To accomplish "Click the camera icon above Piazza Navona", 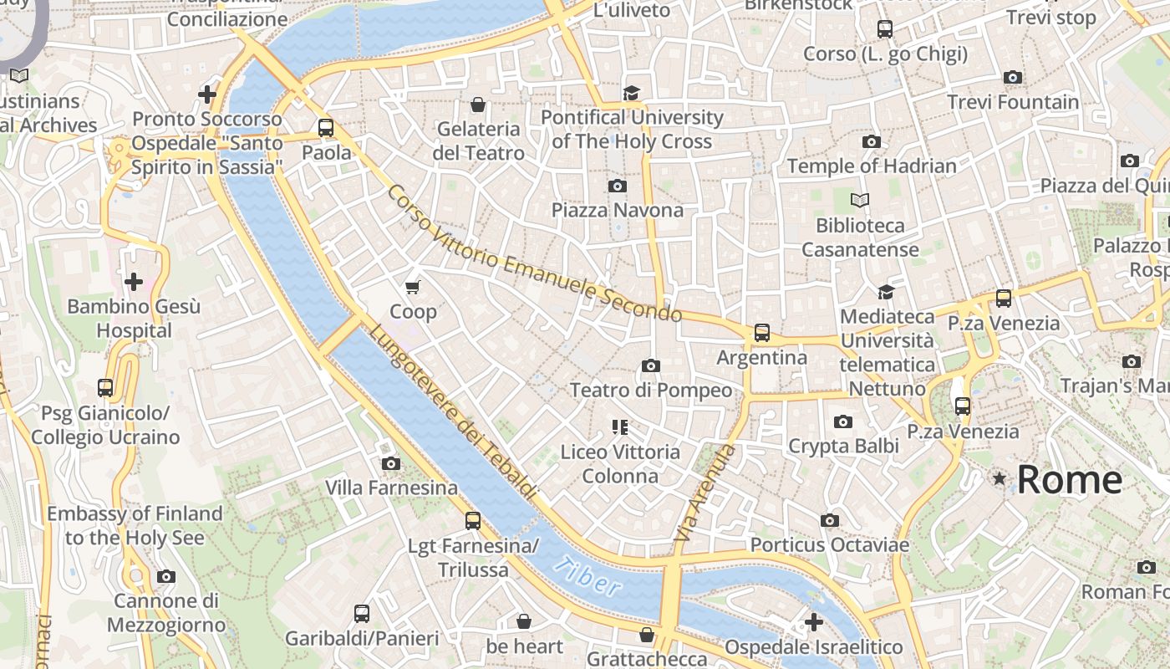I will tap(618, 186).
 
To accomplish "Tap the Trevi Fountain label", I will tap(1012, 102).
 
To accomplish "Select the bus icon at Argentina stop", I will tap(762, 333).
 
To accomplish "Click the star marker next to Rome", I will tap(999, 479).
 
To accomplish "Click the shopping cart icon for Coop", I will tap(412, 288).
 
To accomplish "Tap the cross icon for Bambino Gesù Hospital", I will tap(133, 282).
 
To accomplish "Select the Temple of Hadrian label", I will tap(872, 166).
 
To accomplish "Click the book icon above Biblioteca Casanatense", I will tap(860, 201).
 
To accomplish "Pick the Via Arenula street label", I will tap(705, 493).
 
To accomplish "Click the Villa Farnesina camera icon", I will tap(390, 463).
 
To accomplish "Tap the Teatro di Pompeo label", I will tap(650, 390).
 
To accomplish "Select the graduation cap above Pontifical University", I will tap(631, 93).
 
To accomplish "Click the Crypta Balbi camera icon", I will tap(843, 421).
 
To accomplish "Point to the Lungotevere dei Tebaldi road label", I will tap(452, 412).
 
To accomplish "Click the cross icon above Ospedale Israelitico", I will tap(813, 622).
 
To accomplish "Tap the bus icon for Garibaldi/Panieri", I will tap(362, 614).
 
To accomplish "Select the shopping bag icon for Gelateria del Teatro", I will tap(478, 105).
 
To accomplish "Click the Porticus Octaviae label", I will tap(829, 544).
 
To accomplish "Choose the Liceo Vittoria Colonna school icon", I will tap(619, 427).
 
